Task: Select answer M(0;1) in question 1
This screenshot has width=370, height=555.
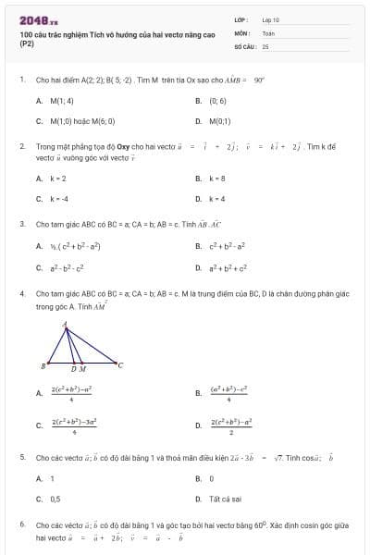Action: (219, 120)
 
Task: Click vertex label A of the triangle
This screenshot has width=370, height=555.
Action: (65, 325)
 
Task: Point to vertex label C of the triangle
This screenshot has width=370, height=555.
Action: (120, 364)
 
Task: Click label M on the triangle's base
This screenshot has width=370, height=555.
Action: (83, 370)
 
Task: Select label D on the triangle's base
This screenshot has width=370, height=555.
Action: (73, 370)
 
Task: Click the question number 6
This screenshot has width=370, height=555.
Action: (21, 524)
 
